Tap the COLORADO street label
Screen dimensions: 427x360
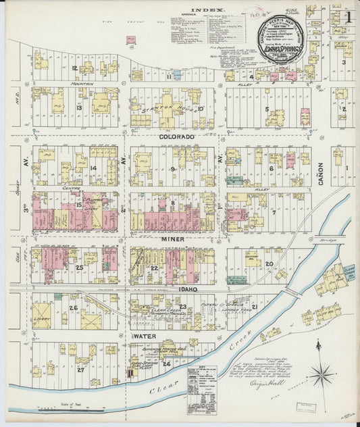(x=177, y=137)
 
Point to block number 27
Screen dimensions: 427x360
(x=80, y=370)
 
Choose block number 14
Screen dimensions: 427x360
(x=93, y=168)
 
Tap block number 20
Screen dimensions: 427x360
(x=268, y=264)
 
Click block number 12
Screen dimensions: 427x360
(x=74, y=68)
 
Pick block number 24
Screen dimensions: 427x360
(x=165, y=363)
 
